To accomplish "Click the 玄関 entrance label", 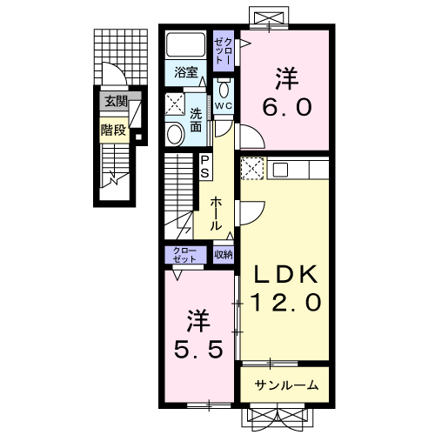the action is (x=116, y=102).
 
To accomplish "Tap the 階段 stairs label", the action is (x=113, y=130).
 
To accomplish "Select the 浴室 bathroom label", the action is (x=186, y=72).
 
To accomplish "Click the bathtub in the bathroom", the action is (x=185, y=44).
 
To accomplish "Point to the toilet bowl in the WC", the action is (x=224, y=89).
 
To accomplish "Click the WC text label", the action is (x=224, y=105).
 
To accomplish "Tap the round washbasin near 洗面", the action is (x=175, y=134).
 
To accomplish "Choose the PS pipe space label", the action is (x=204, y=167).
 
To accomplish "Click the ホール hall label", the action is (x=216, y=214).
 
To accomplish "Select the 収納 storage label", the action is (x=224, y=255).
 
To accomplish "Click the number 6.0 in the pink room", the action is (x=287, y=107).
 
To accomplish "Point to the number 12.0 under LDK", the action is (x=286, y=302).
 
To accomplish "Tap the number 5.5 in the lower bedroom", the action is (x=198, y=349).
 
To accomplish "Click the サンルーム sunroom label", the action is (x=286, y=385).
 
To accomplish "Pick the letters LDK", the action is (x=285, y=274).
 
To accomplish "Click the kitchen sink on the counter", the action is (x=280, y=169).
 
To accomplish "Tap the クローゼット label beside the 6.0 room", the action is (x=224, y=51).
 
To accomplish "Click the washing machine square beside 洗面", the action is (x=175, y=104).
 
